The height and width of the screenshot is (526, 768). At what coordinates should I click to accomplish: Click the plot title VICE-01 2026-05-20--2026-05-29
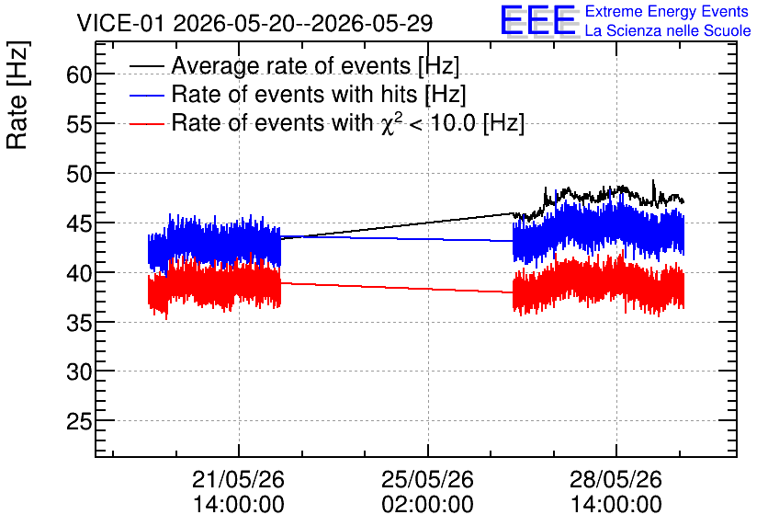254,23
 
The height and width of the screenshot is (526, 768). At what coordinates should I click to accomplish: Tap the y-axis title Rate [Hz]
17,96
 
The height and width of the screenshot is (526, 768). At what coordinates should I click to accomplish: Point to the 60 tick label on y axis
79,75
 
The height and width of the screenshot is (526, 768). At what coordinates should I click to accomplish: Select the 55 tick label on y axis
79,124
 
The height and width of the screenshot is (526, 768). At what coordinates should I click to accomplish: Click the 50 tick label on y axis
79,174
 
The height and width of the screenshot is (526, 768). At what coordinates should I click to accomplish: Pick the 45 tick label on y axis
79,223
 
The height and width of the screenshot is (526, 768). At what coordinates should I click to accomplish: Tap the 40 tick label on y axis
79,273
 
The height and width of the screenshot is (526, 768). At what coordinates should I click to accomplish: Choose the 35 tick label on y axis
79,323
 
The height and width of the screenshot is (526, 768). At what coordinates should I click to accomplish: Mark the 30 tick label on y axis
79,372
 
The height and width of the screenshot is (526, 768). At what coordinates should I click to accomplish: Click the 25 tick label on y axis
79,421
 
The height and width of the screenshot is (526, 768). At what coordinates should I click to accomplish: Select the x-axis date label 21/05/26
239,479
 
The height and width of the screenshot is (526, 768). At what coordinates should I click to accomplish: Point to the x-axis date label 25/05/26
427,479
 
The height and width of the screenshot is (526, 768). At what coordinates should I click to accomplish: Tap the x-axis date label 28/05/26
616,479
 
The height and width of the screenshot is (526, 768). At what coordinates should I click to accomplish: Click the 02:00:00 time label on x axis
427,505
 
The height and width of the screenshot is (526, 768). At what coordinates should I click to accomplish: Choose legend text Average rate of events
291,66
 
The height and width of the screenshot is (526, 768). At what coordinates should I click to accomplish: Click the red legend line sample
146,123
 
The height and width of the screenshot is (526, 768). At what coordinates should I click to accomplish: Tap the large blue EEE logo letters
538,20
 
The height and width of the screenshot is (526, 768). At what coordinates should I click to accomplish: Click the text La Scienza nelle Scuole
668,31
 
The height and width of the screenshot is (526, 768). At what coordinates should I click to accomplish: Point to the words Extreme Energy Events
667,12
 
